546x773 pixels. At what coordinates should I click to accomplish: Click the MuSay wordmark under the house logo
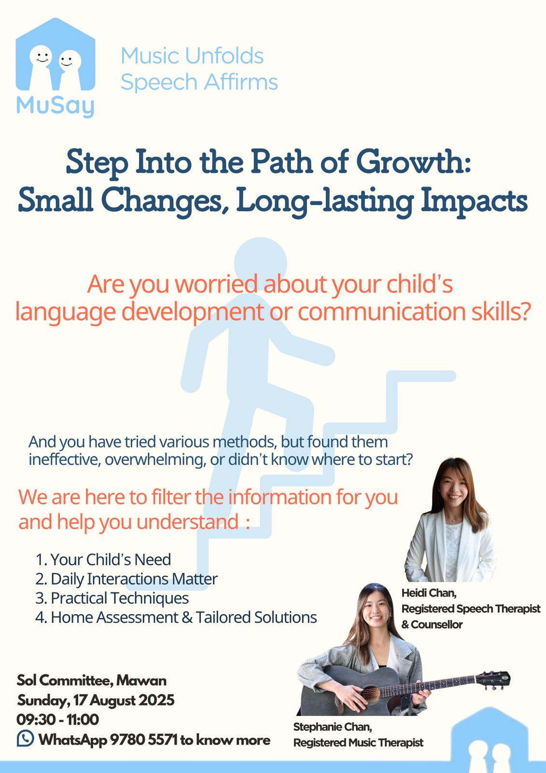tap(55, 107)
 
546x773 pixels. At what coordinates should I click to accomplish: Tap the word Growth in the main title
tap(413, 162)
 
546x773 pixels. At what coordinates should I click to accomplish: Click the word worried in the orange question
tap(216, 285)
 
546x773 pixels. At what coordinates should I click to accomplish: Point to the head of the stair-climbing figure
tap(260, 263)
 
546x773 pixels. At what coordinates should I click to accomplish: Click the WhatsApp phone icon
tap(26, 739)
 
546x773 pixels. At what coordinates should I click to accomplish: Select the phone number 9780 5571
tap(144, 740)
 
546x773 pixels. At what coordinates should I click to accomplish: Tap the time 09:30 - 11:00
tap(58, 719)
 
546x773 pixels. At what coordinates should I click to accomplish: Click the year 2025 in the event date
tap(156, 700)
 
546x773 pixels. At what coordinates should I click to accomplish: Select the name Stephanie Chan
tap(333, 727)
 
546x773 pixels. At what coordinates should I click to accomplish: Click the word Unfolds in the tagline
tap(224, 56)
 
